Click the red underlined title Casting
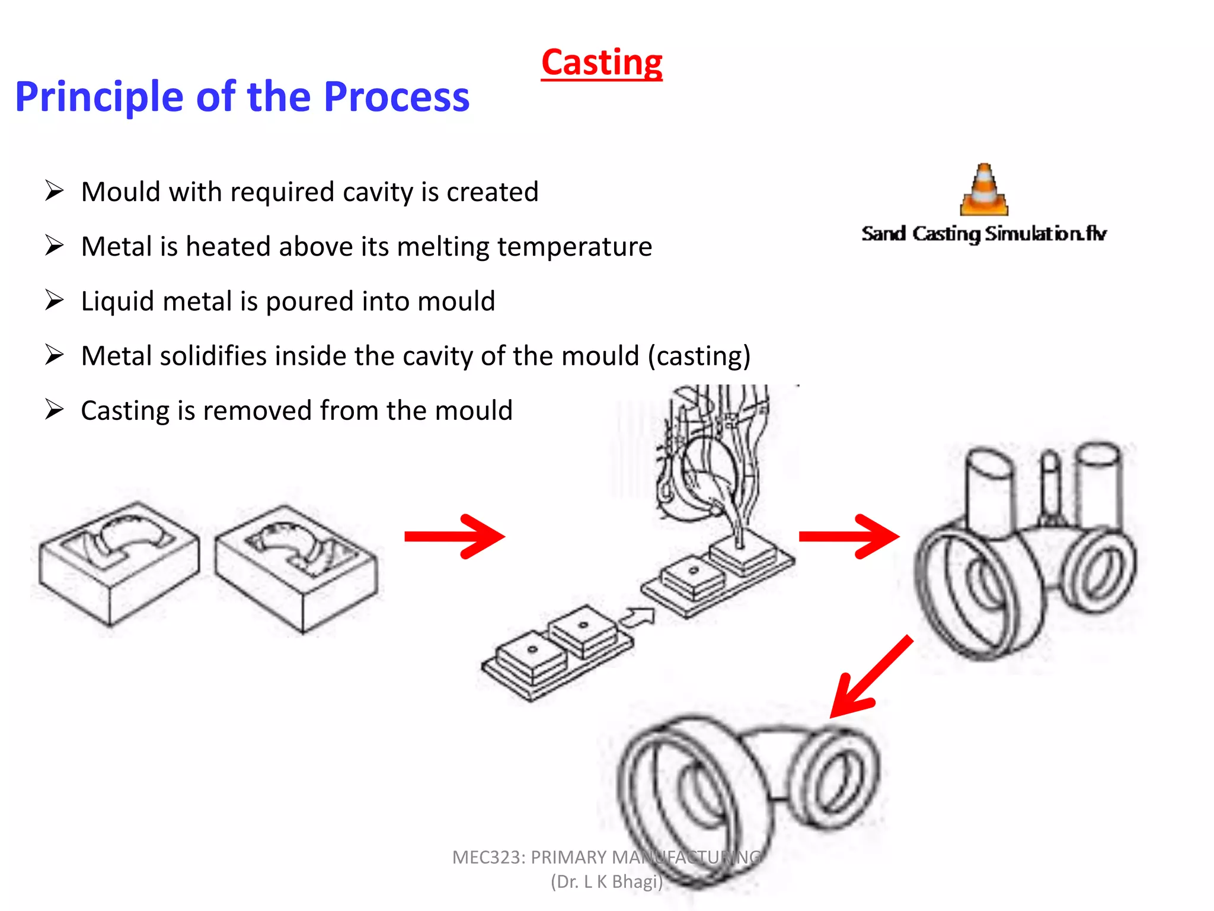602,63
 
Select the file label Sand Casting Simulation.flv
984,234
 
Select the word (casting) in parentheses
699,356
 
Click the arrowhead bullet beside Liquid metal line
54,301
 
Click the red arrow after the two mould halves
454,537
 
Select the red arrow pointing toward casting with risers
849,537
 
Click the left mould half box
119,563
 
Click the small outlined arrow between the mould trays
637,618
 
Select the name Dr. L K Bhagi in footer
606,882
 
